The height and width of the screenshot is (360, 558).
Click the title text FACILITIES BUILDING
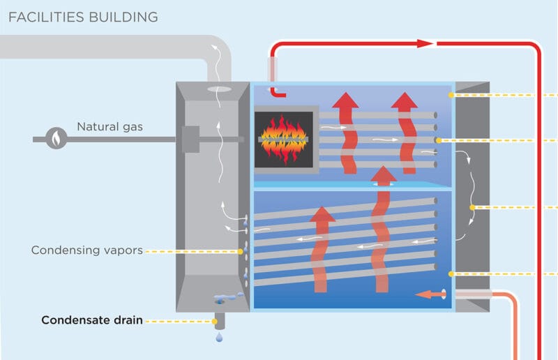tap(82, 16)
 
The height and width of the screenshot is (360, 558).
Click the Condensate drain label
tap(92, 321)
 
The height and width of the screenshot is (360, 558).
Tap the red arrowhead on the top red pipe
tap(426, 43)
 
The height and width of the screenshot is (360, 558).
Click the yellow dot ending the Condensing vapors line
tap(243, 249)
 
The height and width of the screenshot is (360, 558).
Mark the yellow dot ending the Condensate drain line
tap(214, 322)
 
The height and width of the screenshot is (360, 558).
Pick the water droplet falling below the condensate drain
tap(220, 338)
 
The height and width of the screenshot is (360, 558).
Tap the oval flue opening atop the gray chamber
tap(218, 89)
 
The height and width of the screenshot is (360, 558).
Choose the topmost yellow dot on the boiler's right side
tap(452, 94)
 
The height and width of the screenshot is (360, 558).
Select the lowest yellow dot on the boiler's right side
tap(452, 274)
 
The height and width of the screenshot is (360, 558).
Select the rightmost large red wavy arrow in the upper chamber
tap(404, 129)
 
